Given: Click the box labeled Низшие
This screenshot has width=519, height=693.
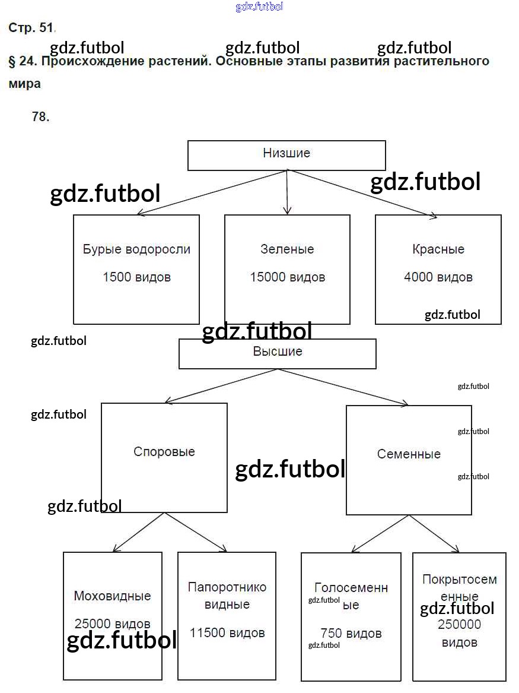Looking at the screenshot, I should [286, 154].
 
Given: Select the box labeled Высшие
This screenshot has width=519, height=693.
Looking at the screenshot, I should [278, 353].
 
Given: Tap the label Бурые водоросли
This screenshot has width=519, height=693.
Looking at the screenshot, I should [136, 249].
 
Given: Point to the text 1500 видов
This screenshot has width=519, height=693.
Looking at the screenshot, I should [136, 277].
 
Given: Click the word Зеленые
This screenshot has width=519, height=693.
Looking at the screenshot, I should [287, 249].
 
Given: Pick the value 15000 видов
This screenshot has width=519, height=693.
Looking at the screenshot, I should [287, 277].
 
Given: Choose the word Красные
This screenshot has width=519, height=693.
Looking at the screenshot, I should [438, 249].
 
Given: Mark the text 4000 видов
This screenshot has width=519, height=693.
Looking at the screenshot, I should [438, 277].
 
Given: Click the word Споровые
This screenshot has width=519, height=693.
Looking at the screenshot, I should [164, 452].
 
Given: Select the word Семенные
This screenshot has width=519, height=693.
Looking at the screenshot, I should [409, 454].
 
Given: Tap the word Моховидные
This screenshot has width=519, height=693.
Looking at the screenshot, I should [112, 596].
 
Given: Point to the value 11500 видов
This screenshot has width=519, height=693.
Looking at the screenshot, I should [227, 633].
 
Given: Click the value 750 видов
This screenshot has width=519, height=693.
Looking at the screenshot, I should [351, 634].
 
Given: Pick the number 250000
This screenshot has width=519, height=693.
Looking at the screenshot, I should [459, 625].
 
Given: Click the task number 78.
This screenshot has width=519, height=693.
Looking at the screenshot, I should [40, 117].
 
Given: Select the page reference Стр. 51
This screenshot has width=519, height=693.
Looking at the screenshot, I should [31, 28].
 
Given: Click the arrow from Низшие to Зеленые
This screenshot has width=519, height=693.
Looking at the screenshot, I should [287, 193].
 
